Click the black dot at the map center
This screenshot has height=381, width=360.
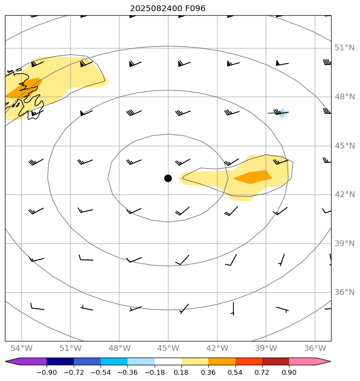[x=168, y=178]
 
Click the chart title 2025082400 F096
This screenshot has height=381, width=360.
[x=167, y=8]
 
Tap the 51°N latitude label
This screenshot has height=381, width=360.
[x=345, y=48]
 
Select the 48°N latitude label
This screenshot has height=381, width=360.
[x=345, y=97]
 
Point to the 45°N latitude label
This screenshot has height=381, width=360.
[x=345, y=146]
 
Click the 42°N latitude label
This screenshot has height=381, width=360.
[x=345, y=195]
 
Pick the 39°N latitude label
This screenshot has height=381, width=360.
[x=345, y=243]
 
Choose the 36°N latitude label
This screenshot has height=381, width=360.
[x=345, y=292]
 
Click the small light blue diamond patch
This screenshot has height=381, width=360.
[x=282, y=113]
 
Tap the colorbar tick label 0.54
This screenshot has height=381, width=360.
[x=235, y=373]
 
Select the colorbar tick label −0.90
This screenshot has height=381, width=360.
[x=47, y=373]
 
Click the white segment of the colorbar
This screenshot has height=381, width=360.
[x=168, y=362]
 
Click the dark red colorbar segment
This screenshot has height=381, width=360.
[x=275, y=362]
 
